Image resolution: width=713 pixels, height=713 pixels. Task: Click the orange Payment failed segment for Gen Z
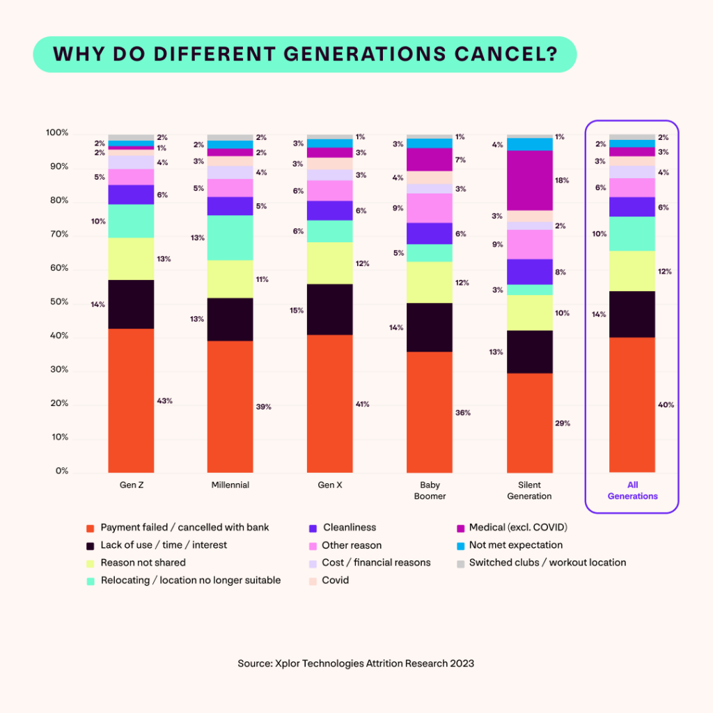pos(131,400)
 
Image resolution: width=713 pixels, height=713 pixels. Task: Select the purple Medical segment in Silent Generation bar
pos(530,180)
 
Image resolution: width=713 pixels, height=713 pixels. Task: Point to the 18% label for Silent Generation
pos(562,180)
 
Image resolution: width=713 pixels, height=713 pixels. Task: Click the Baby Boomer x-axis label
pos(430,490)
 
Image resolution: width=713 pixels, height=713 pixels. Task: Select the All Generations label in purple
pos(632,490)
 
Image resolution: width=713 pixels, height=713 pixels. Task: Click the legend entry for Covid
pos(335,580)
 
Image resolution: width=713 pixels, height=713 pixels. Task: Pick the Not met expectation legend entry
pos(515,545)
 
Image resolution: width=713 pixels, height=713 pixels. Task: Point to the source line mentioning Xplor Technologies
pos(356,664)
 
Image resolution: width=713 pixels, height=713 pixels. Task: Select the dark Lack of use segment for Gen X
pos(330,309)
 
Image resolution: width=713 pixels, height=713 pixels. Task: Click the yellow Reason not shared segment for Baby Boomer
pos(430,282)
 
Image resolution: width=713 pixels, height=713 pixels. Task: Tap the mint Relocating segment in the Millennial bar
pos(230,237)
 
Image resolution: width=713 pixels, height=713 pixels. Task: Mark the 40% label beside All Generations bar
pos(665,405)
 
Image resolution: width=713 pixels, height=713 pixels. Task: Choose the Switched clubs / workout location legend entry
pos(547,563)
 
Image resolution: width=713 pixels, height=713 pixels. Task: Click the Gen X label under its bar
pos(330,485)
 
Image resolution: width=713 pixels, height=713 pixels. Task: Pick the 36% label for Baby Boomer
pos(463,413)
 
